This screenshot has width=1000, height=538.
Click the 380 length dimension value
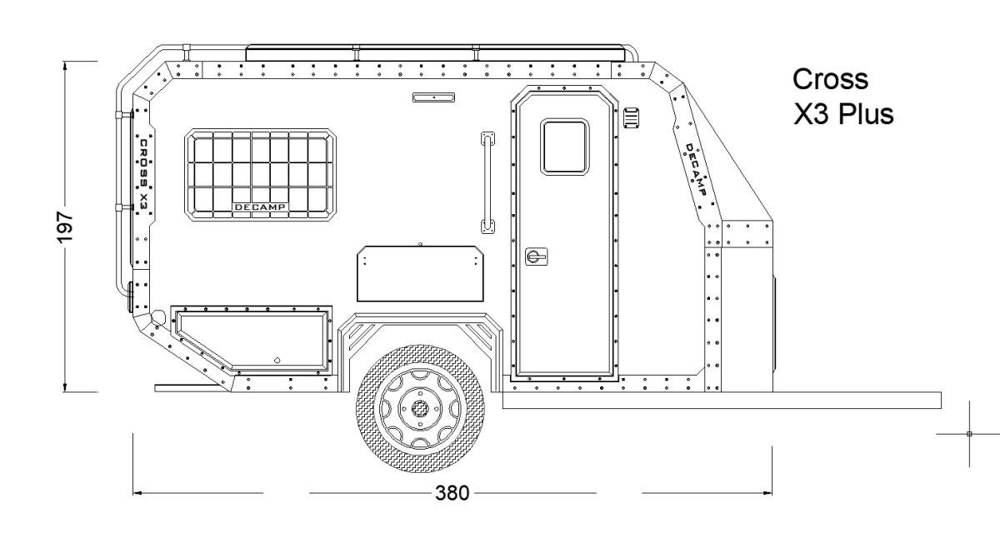point(452,493)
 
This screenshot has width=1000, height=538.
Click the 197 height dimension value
point(65,227)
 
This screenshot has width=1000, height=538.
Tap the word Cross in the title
point(830,79)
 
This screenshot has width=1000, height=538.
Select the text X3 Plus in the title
point(843,114)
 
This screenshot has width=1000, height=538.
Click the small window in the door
point(564,147)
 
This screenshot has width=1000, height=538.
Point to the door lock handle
point(536,257)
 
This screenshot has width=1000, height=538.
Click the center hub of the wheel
point(420,408)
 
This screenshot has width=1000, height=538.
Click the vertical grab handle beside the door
point(487,182)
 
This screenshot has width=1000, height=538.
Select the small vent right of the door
point(632,117)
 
